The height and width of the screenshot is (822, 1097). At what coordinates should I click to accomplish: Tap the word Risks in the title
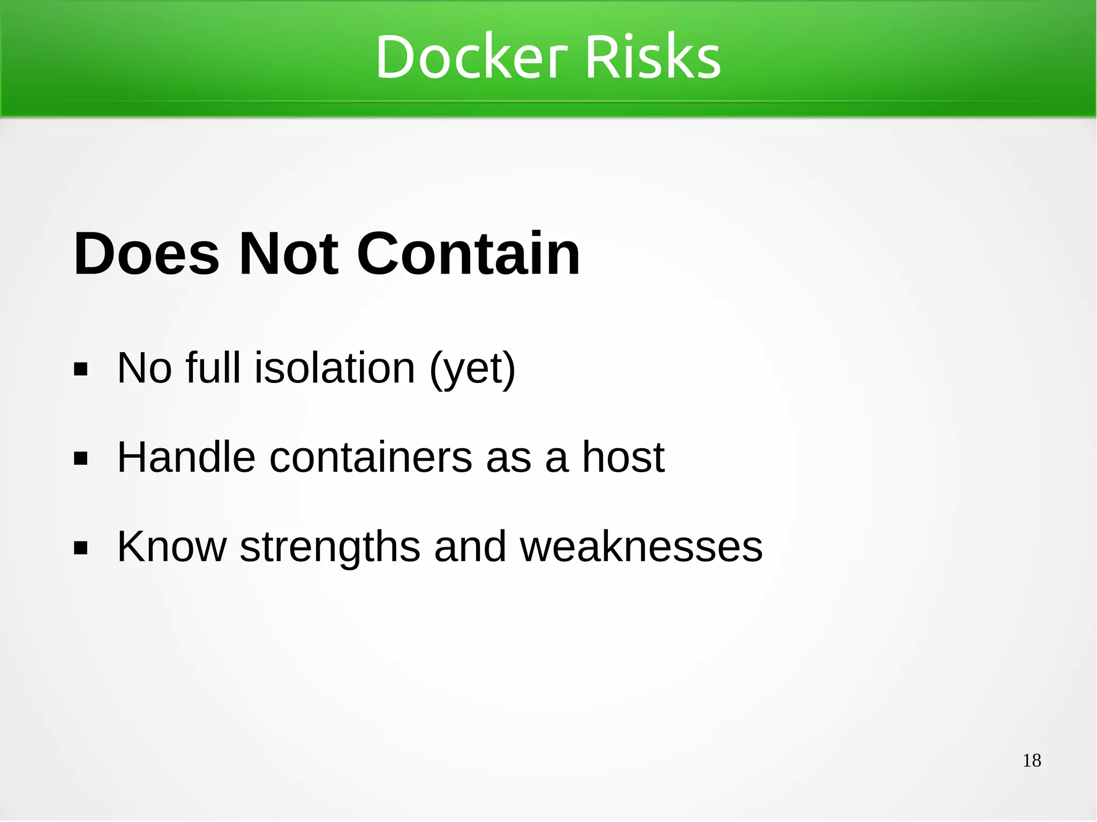pos(653,57)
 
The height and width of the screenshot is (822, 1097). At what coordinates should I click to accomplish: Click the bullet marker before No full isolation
pos(81,369)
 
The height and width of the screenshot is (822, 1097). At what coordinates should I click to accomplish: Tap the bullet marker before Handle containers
pos(81,459)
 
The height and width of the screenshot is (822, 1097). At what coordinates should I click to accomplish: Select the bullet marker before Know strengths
pos(81,548)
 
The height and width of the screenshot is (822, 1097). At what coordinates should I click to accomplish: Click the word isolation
pos(335,368)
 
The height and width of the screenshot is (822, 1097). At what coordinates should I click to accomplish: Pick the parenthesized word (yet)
pos(472,369)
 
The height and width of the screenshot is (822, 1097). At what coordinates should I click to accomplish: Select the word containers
pos(371,457)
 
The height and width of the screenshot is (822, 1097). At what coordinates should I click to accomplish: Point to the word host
pos(623,457)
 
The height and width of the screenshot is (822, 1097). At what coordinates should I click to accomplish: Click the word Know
pos(172,547)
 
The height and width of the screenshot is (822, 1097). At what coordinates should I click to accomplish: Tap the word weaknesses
pos(641,547)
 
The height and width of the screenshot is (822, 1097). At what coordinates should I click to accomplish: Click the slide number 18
pos(1032,760)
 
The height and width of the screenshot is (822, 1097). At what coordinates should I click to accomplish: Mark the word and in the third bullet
pos(470,547)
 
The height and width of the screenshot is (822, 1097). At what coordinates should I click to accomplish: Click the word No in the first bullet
pos(145,368)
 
